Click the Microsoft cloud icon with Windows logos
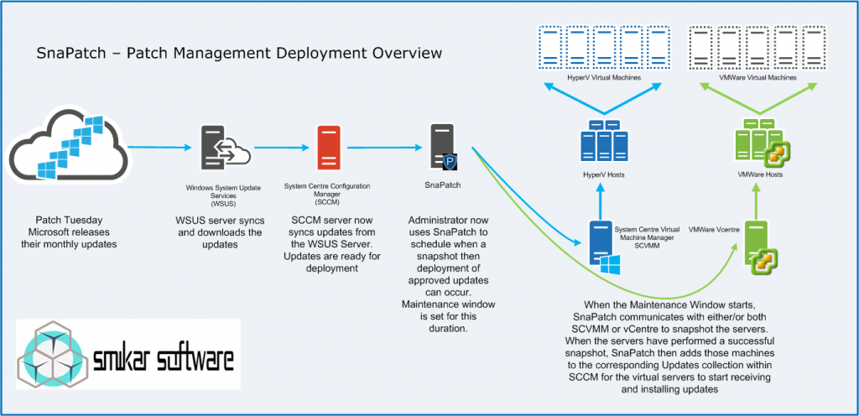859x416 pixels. pyautogui.click(x=67, y=152)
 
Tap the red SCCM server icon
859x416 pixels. pyautogui.click(x=328, y=148)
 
